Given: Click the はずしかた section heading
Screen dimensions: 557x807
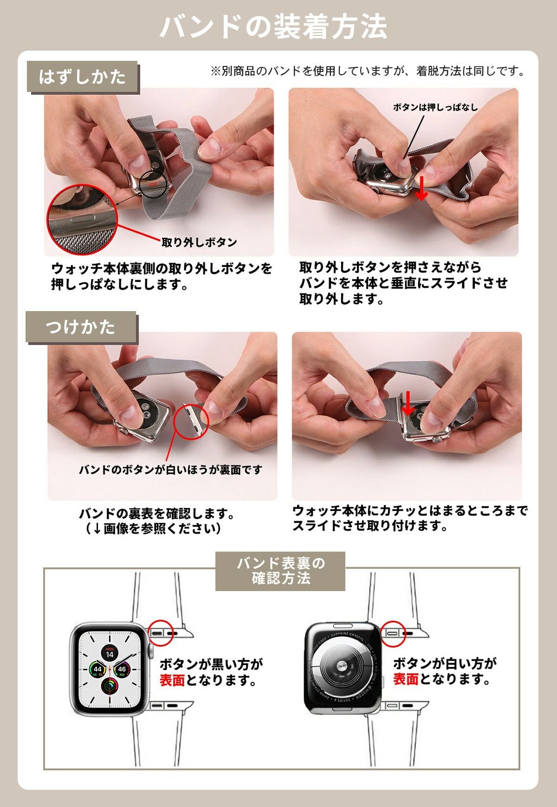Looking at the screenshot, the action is pos(83,77).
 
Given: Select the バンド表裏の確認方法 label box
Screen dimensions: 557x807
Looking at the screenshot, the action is pos(280,571).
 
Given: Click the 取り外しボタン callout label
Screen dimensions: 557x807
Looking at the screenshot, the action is pos(199,242).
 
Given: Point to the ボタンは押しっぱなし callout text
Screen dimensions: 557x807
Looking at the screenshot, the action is pos(435,107).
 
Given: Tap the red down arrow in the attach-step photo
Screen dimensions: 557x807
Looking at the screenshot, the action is pos(408,403).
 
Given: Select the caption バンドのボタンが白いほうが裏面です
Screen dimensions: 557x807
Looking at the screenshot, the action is pos(171,470).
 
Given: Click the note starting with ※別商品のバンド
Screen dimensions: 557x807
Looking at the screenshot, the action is pos(368,71).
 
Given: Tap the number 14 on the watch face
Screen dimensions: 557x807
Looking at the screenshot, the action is pos(109,655).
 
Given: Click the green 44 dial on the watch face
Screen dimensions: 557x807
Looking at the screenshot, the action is pos(97,670).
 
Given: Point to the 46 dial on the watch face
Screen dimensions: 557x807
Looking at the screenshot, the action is pos(122,670).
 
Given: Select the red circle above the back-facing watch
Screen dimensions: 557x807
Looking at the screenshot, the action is pos(393,632).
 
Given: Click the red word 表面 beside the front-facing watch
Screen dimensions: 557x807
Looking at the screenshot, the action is pos(172,680).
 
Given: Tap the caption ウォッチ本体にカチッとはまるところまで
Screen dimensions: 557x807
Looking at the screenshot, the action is pos(410,511).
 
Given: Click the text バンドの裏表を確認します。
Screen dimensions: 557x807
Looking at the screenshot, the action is pos(156,514).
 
